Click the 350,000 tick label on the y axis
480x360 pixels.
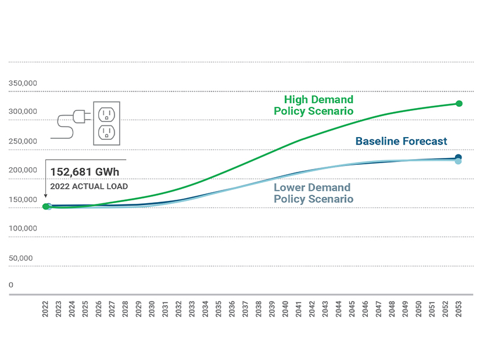23,83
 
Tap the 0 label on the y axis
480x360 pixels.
11,285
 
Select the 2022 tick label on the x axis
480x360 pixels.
45,308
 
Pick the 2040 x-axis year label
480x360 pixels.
285,308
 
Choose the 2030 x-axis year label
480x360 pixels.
152,308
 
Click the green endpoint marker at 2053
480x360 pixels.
459,103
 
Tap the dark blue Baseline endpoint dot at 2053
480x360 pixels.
458,157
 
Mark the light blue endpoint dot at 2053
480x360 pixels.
458,161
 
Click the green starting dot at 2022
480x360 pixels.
45,207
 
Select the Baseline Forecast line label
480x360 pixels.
401,141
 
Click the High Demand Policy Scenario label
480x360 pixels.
314,106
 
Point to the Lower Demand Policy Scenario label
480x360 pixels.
313,193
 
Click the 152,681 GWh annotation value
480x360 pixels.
87,172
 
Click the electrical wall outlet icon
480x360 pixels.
106,123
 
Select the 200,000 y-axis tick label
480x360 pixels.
23,170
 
